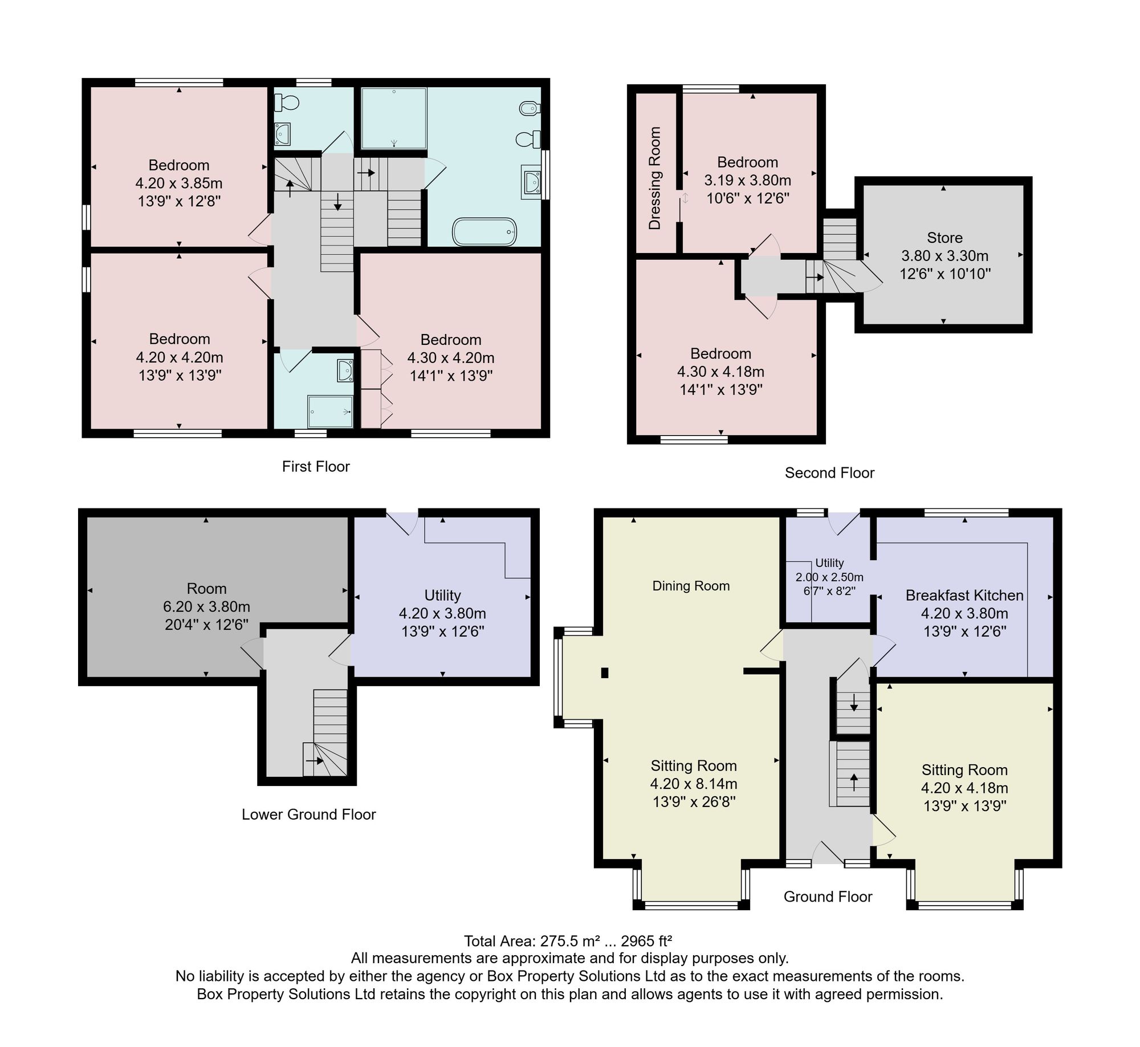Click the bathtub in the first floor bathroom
pyautogui.click(x=484, y=232)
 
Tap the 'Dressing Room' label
pyautogui.click(x=655, y=178)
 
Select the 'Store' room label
pyautogui.click(x=944, y=238)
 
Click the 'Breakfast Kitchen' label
pyautogui.click(x=964, y=596)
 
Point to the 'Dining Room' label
pyautogui.click(x=691, y=586)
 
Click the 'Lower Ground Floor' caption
pyautogui.click(x=308, y=814)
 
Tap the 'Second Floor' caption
pyautogui.click(x=829, y=473)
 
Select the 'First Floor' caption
pyautogui.click(x=316, y=467)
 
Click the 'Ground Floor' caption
pyautogui.click(x=828, y=897)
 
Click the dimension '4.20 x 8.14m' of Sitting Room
pyautogui.click(x=694, y=784)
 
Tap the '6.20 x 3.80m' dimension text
pyautogui.click(x=206, y=607)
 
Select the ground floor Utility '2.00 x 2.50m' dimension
pyautogui.click(x=829, y=577)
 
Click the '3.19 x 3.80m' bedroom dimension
pyautogui.click(x=747, y=181)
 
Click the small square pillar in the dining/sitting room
pyautogui.click(x=605, y=673)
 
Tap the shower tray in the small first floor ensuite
pyautogui.click(x=330, y=412)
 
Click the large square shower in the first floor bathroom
pyautogui.click(x=394, y=118)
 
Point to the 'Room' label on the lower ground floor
pyautogui.click(x=206, y=589)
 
